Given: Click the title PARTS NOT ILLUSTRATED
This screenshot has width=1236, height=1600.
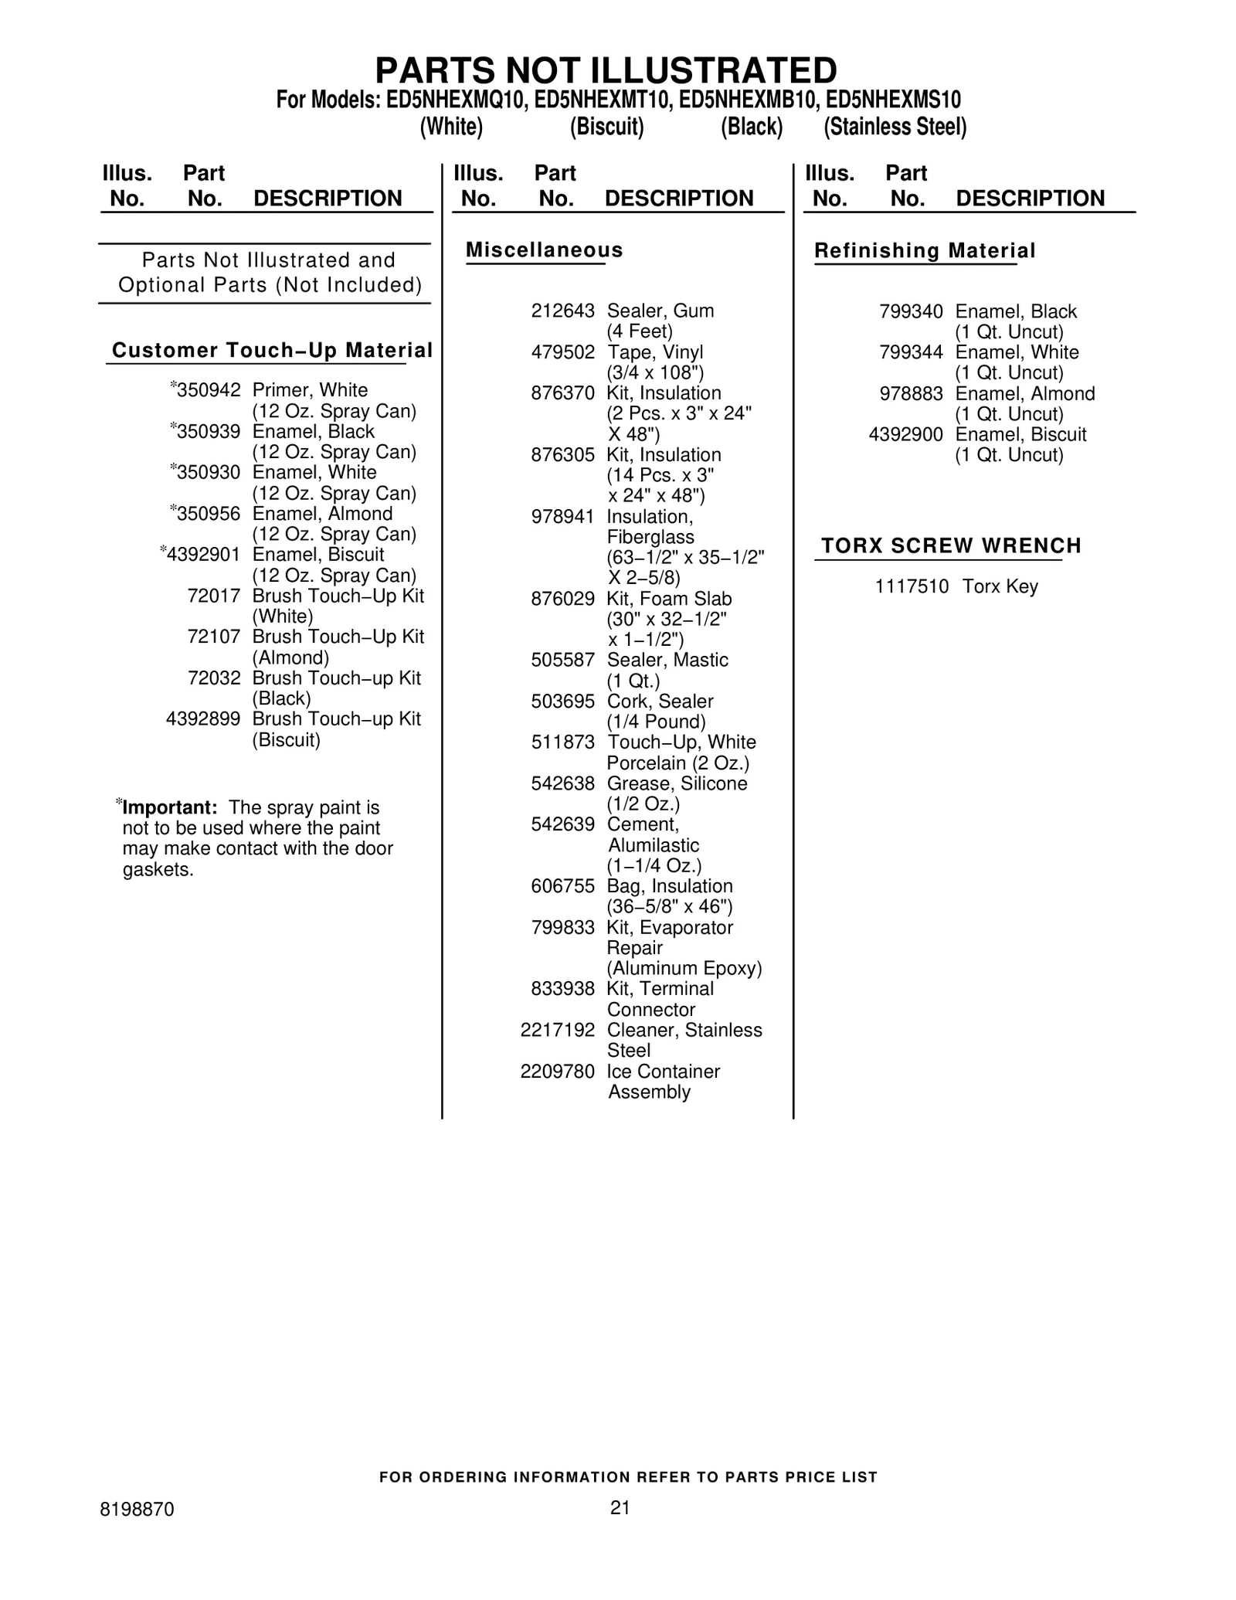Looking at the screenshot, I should [x=606, y=71].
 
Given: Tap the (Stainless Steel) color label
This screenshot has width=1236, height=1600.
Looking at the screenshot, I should [x=895, y=127].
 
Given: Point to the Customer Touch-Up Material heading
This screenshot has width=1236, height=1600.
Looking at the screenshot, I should [x=272, y=351].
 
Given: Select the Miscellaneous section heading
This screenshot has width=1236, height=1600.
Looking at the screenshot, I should [x=544, y=250].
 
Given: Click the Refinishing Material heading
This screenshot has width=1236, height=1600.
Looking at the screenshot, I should [x=925, y=251].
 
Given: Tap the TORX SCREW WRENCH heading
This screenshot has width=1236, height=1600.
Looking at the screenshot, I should [x=951, y=546].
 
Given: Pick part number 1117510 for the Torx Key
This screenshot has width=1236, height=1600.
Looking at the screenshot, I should [x=912, y=586].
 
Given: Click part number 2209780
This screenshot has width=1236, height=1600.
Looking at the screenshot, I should [x=557, y=1072].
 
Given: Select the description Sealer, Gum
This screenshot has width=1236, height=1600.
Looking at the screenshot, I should [x=660, y=311].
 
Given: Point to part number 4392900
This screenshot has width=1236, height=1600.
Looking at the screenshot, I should [x=905, y=435].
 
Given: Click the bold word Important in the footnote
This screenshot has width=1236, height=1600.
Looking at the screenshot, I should [x=169, y=808].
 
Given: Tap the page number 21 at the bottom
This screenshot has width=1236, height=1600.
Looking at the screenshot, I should [x=620, y=1507].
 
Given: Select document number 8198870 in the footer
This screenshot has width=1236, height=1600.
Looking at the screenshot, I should [x=137, y=1510].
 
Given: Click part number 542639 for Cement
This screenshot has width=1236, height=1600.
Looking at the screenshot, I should [x=562, y=824].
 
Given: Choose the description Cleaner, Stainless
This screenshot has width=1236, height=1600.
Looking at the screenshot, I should [x=684, y=1031].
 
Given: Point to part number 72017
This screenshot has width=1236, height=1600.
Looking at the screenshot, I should [x=214, y=596].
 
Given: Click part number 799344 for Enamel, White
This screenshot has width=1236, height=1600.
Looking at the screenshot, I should [x=911, y=352].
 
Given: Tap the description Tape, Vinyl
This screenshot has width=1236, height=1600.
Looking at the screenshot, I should [x=655, y=352].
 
